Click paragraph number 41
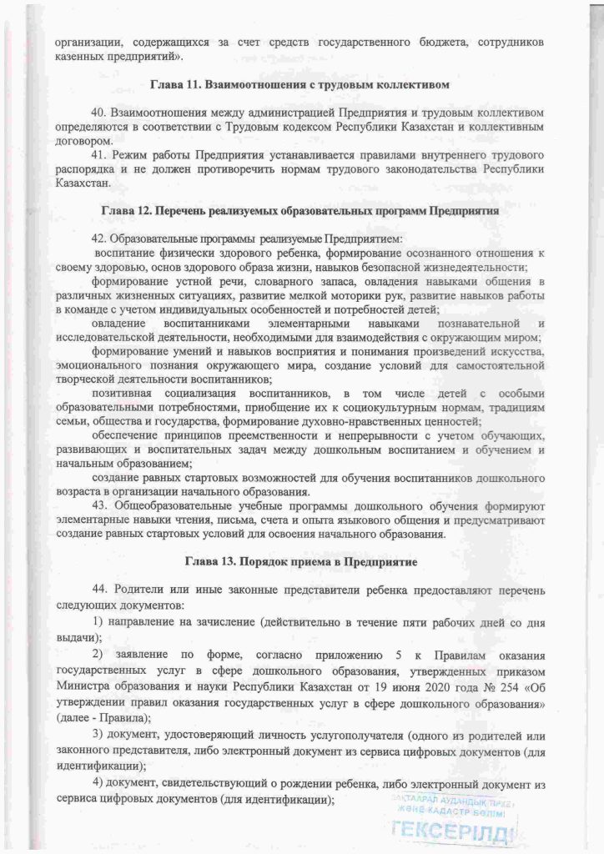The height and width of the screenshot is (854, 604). tap(100, 155)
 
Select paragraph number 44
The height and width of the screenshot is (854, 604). tap(100, 590)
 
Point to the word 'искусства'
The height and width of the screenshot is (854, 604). tap(511, 351)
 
